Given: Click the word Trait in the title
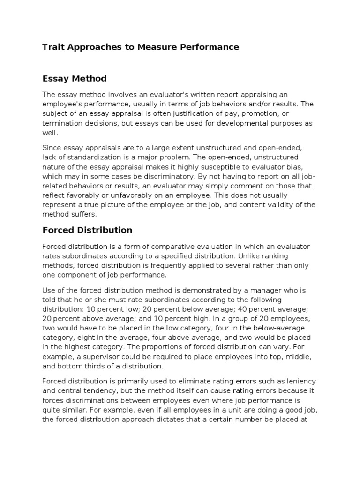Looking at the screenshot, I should coord(52,47).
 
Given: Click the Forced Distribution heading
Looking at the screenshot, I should coord(87,230).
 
